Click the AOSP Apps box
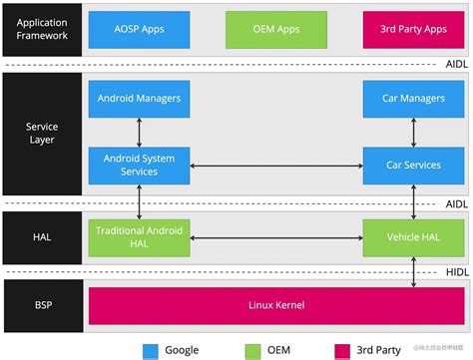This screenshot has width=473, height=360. click(139, 30)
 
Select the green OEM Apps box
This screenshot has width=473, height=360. click(261, 30)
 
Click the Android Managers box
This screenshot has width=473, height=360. click(139, 99)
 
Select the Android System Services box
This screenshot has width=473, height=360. click(139, 165)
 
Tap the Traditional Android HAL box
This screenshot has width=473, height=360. click(139, 236)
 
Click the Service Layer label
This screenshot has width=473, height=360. click(41, 133)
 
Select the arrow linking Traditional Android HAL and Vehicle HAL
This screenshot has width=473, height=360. click(274, 237)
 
